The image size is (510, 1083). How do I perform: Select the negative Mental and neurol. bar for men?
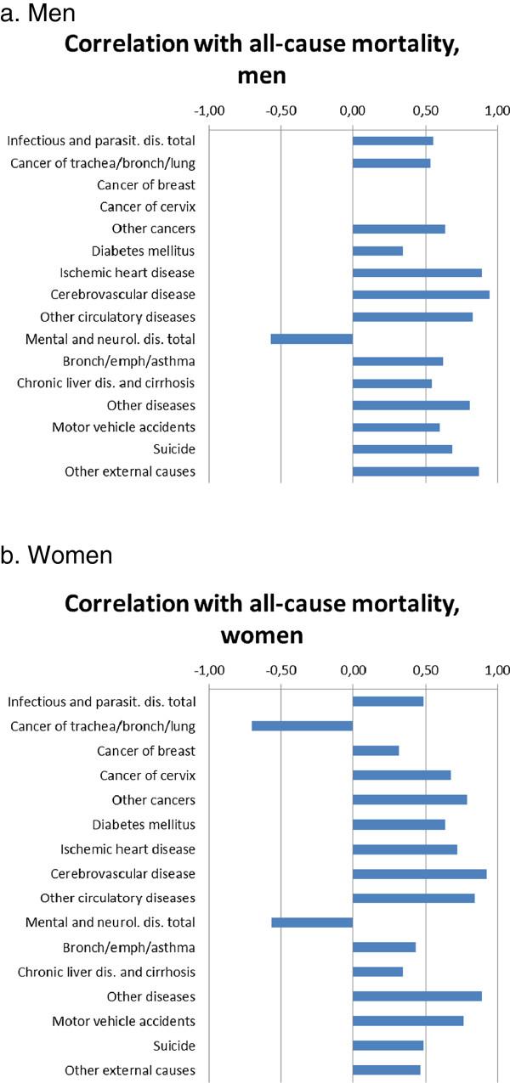coord(311,339)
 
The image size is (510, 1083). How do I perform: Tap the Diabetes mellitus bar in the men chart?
coord(377,251)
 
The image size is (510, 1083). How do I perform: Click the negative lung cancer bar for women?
coord(302,725)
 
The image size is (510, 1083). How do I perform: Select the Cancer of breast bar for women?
coord(376,751)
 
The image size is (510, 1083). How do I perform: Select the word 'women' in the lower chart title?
coord(262,635)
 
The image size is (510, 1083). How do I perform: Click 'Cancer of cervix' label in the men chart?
coord(147,206)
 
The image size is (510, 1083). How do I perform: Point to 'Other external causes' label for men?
coord(130,471)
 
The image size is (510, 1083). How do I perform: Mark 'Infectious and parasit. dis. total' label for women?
coord(101,702)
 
